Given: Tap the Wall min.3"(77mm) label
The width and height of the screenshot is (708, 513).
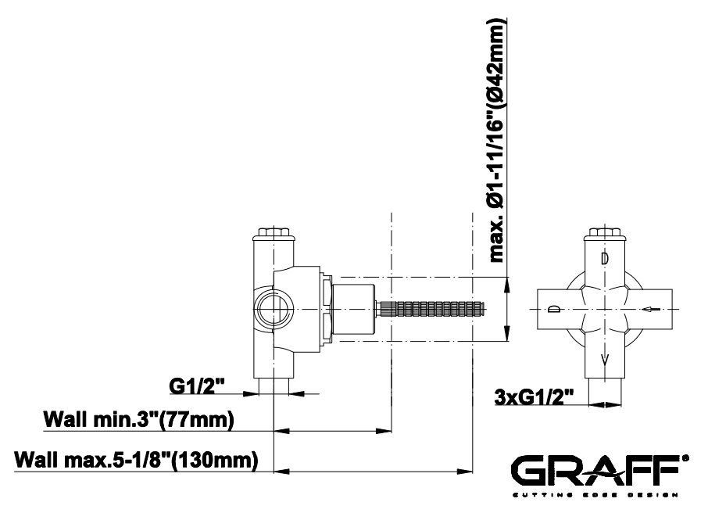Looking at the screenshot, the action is (x=138, y=419).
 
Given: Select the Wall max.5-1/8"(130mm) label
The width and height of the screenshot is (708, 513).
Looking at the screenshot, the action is (x=136, y=461).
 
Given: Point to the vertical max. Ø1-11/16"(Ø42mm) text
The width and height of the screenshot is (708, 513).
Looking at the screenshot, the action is (x=497, y=141).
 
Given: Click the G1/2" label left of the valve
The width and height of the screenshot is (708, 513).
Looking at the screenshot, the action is (x=196, y=386).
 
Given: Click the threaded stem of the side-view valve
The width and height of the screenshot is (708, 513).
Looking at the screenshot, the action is (x=434, y=309).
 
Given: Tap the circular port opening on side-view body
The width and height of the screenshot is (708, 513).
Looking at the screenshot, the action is (x=273, y=310).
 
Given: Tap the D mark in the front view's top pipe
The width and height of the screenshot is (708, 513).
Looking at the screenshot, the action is (x=605, y=257).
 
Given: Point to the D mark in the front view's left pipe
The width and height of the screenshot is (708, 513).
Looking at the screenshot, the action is (x=553, y=310).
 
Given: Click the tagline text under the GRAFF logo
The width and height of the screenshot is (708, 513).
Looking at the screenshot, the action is (x=595, y=494).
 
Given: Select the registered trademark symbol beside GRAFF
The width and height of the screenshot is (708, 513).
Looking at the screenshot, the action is (x=687, y=457).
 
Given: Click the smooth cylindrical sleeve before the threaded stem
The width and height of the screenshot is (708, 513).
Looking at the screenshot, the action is (x=353, y=309).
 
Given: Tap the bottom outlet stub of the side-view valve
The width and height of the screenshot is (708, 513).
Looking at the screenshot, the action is (x=274, y=386).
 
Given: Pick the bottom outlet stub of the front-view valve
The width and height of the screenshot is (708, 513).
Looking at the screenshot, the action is (x=605, y=391).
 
